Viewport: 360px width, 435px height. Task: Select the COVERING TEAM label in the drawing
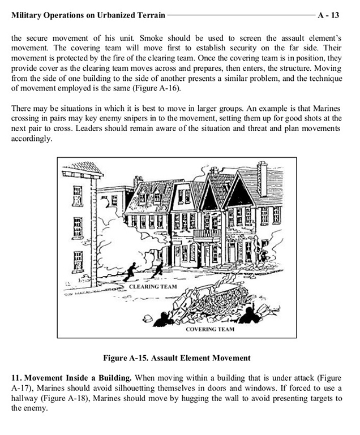point(210,329)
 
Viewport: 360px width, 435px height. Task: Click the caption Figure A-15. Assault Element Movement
point(177,358)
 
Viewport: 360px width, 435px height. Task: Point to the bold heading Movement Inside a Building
point(79,377)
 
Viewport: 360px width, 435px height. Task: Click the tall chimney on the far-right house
point(262,178)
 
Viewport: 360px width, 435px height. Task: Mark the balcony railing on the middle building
point(207,233)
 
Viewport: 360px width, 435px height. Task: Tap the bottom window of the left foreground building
point(78,261)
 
